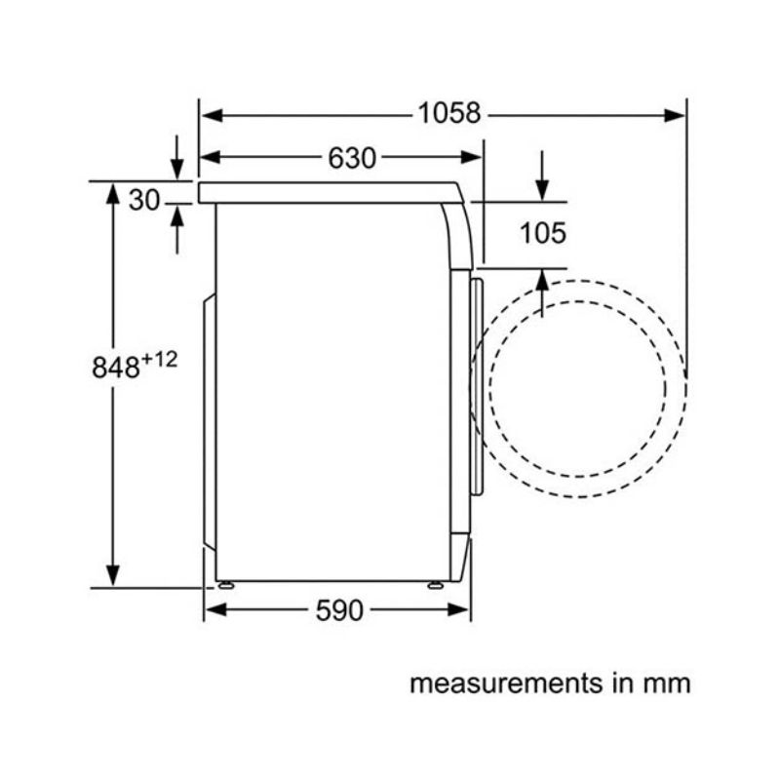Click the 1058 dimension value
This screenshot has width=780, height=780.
[x=449, y=113]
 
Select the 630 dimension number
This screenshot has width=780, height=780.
[x=352, y=158]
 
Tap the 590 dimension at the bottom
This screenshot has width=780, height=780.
[x=339, y=610]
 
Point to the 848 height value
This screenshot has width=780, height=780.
[x=115, y=368]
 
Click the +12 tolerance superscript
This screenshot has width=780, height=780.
[x=159, y=359]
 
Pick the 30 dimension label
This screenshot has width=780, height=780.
[x=144, y=200]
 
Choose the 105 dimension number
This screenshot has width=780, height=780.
[x=543, y=233]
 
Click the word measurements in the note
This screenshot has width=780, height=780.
[x=506, y=683]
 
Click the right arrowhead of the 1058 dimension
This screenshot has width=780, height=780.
[x=675, y=116]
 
